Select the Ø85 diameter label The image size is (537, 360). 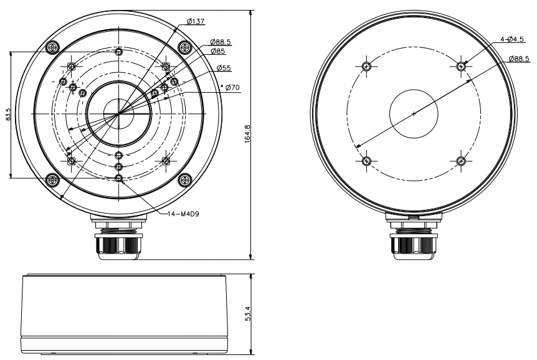point(217,51)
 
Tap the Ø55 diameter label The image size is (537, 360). point(224,68)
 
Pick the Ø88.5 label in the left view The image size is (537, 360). point(220,42)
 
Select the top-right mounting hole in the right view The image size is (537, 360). point(460,66)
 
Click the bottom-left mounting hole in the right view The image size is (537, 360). point(367,161)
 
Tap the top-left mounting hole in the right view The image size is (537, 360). point(367,66)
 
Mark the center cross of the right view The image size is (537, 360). point(414,114)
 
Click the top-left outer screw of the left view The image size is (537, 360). point(53,47)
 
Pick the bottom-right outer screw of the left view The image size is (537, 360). point(184,180)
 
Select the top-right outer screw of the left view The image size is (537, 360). point(184,47)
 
